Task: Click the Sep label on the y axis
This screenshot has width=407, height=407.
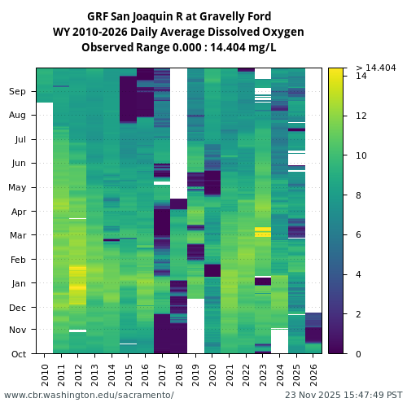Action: pyautogui.click(x=18, y=92)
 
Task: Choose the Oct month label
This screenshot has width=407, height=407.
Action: pyautogui.click(x=19, y=354)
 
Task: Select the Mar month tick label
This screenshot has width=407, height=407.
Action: pyautogui.click(x=18, y=236)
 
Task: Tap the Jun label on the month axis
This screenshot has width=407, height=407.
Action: pyautogui.click(x=18, y=164)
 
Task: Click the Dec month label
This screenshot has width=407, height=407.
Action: pyautogui.click(x=18, y=308)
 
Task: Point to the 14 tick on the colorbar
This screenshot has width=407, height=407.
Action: pyautogui.click(x=361, y=76)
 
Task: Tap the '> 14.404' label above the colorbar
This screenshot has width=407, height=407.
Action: pyautogui.click(x=375, y=68)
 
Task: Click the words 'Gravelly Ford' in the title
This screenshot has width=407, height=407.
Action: pyautogui.click(x=236, y=16)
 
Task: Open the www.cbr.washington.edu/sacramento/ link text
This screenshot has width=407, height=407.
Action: pyautogui.click(x=89, y=395)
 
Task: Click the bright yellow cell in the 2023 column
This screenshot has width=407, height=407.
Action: pyautogui.click(x=263, y=232)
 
